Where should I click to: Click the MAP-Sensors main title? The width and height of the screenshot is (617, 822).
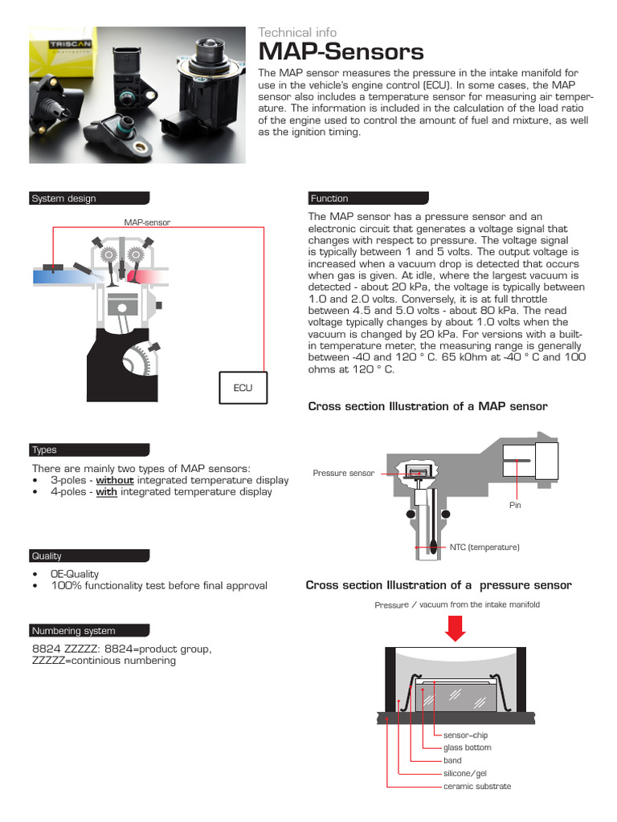point(341,53)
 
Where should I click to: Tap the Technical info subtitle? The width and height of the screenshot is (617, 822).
point(297,32)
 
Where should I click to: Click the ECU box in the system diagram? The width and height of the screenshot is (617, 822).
point(243,388)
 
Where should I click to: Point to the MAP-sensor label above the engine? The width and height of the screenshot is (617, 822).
point(147,222)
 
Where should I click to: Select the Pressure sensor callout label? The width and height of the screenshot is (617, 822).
point(343,474)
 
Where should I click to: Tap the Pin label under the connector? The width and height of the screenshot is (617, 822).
point(515,506)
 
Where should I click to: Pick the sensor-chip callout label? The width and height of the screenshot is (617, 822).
point(465,735)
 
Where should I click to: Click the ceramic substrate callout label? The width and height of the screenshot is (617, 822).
point(476,786)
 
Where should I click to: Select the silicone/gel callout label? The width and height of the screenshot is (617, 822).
point(465,773)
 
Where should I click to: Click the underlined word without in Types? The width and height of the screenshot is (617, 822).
point(115,480)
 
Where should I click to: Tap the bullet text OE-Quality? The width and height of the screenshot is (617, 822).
point(75,574)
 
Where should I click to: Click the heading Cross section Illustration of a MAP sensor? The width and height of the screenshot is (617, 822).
point(427,406)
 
